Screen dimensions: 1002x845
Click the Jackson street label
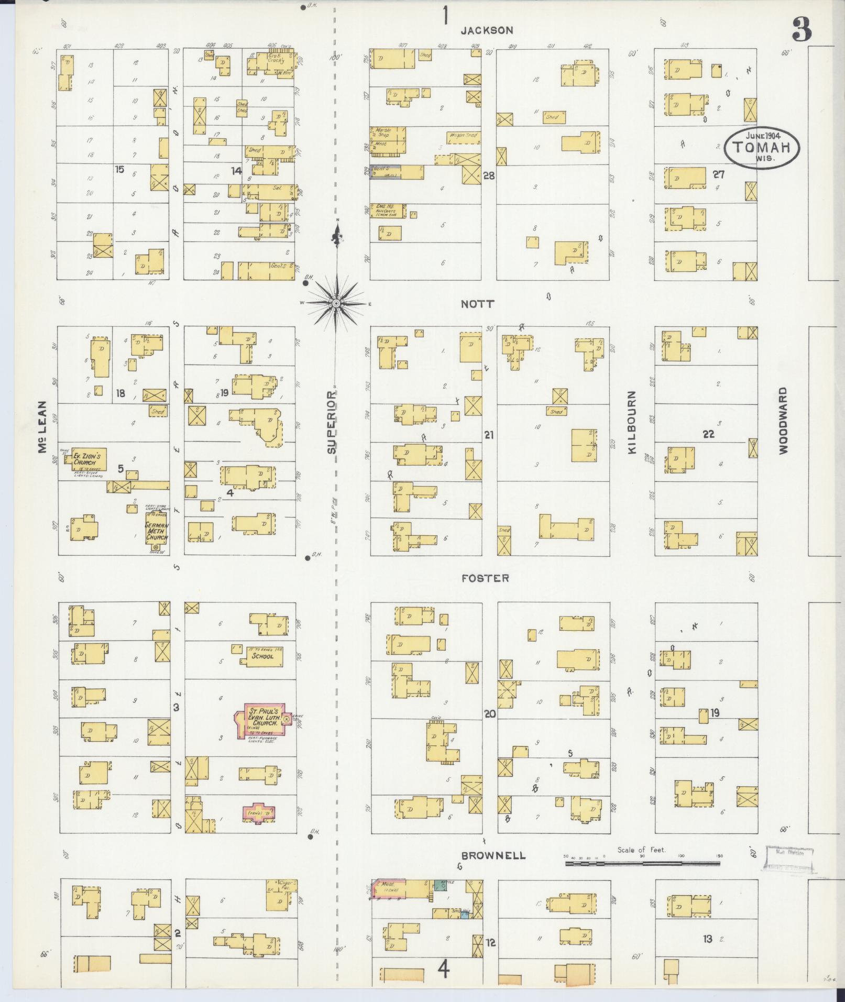point(487,30)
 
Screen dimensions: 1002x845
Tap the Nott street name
point(477,304)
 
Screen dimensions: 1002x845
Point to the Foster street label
point(485,578)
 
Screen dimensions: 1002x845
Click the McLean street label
point(43,427)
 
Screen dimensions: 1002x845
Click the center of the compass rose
point(336,303)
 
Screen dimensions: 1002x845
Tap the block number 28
point(489,176)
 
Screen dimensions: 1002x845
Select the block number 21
point(489,435)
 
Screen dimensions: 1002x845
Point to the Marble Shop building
point(388,133)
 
